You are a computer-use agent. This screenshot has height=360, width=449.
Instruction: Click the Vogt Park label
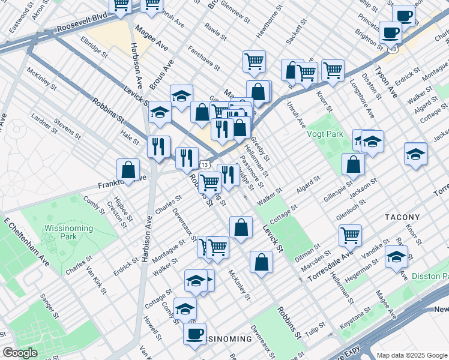325,134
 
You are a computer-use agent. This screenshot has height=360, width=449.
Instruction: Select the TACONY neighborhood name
403,216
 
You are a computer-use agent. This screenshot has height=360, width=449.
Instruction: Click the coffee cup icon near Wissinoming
194,334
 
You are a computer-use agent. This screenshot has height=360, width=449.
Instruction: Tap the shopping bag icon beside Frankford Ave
128,170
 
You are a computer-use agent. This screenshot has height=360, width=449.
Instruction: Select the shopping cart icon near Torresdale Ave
350,235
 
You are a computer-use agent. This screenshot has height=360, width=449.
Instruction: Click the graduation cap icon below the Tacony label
396,257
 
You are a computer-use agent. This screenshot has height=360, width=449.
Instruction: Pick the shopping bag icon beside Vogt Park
354,164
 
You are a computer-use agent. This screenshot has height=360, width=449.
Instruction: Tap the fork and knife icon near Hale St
159,147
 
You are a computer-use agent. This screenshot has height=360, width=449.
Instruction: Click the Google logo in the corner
20,353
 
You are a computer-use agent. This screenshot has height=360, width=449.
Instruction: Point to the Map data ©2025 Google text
412,355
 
